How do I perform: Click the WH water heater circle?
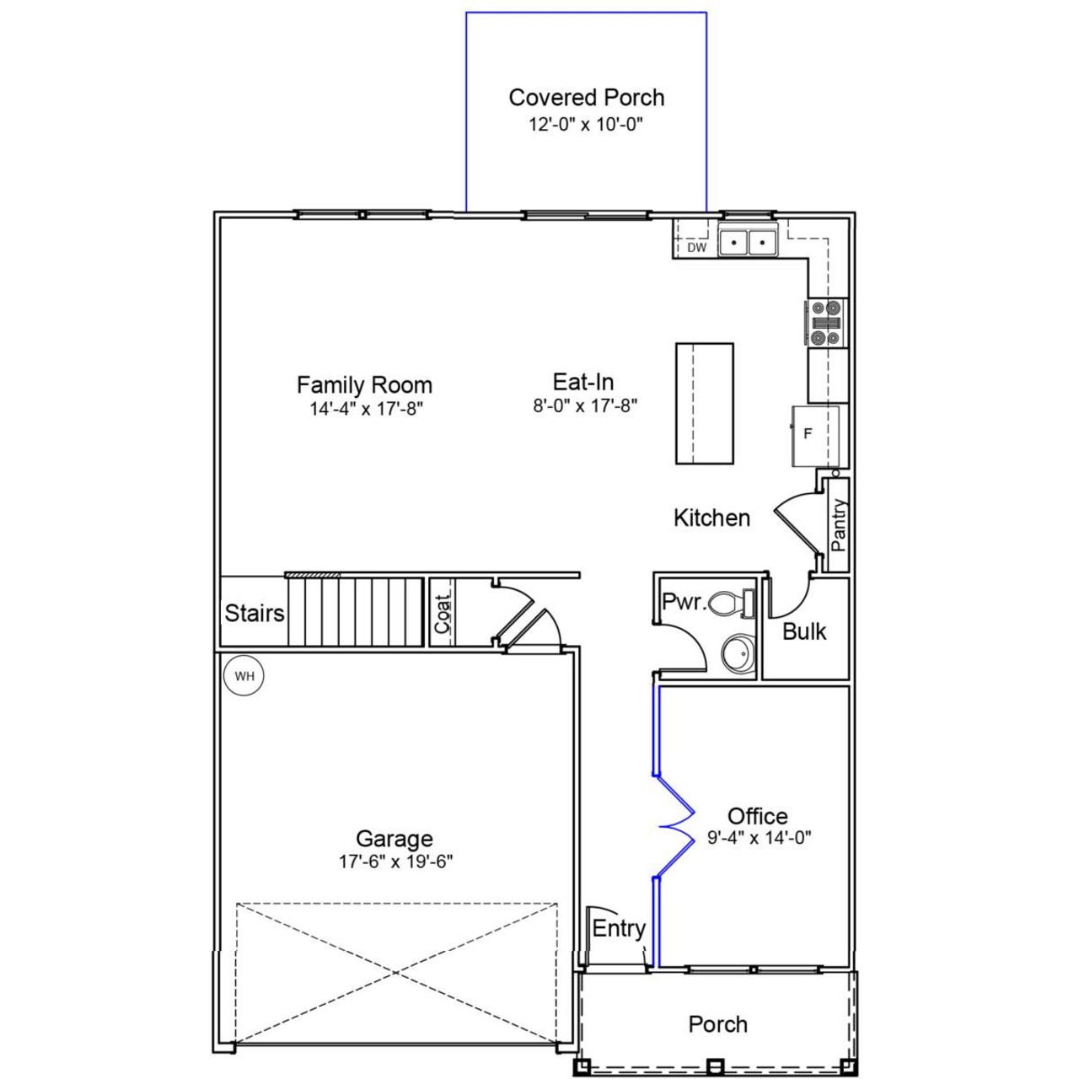click(244, 676)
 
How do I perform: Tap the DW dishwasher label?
click(696, 248)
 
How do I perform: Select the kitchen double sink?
click(748, 243)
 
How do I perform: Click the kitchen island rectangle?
click(705, 403)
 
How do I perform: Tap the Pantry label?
click(838, 525)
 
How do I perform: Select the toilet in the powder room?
click(730, 603)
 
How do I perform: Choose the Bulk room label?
click(804, 631)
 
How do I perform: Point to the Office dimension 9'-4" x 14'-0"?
click(759, 838)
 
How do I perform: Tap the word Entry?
click(619, 928)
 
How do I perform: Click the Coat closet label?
click(443, 614)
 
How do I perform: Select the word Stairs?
click(254, 613)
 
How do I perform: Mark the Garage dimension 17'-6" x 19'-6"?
click(395, 862)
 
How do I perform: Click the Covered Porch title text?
click(587, 98)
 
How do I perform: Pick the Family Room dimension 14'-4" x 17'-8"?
click(365, 410)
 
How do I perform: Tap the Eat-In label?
click(583, 382)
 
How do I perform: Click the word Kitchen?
click(711, 518)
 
